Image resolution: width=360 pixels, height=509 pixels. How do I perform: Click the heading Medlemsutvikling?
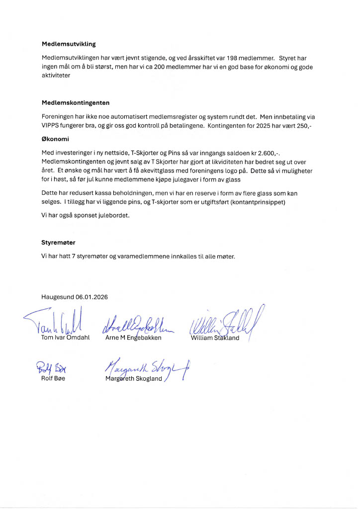tap(69, 44)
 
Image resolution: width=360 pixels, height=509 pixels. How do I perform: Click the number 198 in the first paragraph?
tap(233, 58)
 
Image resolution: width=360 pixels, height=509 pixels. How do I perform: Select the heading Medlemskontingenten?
tap(76, 103)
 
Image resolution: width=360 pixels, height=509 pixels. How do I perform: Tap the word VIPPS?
tap(51, 126)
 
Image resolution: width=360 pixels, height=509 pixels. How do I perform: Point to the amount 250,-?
tap(302, 126)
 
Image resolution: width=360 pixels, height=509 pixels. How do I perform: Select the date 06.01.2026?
tap(91, 297)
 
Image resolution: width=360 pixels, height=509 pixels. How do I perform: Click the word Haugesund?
tap(58, 297)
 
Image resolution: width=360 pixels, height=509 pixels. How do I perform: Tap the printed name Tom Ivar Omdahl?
tap(65, 338)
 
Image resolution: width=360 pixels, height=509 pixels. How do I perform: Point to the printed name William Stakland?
tap(215, 338)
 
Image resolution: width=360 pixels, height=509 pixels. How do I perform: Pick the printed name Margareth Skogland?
tap(134, 379)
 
